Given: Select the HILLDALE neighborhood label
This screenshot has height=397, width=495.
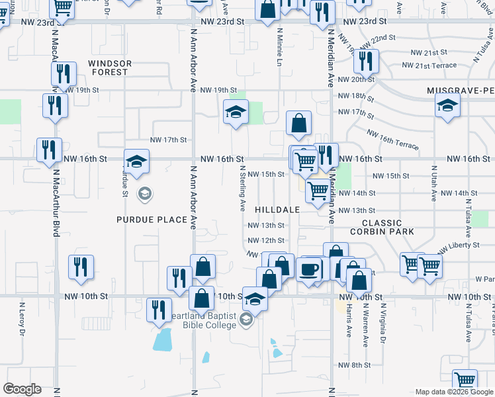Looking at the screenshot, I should (x=278, y=209).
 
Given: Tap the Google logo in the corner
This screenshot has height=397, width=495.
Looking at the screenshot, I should (x=22, y=389).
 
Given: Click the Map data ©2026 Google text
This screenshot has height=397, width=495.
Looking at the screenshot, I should (x=453, y=392).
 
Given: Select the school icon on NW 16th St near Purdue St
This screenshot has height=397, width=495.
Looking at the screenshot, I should (x=137, y=161).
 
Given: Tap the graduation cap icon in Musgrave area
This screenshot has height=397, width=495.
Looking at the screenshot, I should (x=447, y=105).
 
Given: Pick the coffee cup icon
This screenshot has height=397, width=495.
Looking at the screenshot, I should (x=308, y=269).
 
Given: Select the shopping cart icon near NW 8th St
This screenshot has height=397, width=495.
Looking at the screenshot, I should (x=465, y=381).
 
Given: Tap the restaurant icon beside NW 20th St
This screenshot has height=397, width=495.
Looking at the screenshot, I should (x=365, y=62).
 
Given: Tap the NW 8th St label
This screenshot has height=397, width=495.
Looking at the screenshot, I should (x=354, y=365).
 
